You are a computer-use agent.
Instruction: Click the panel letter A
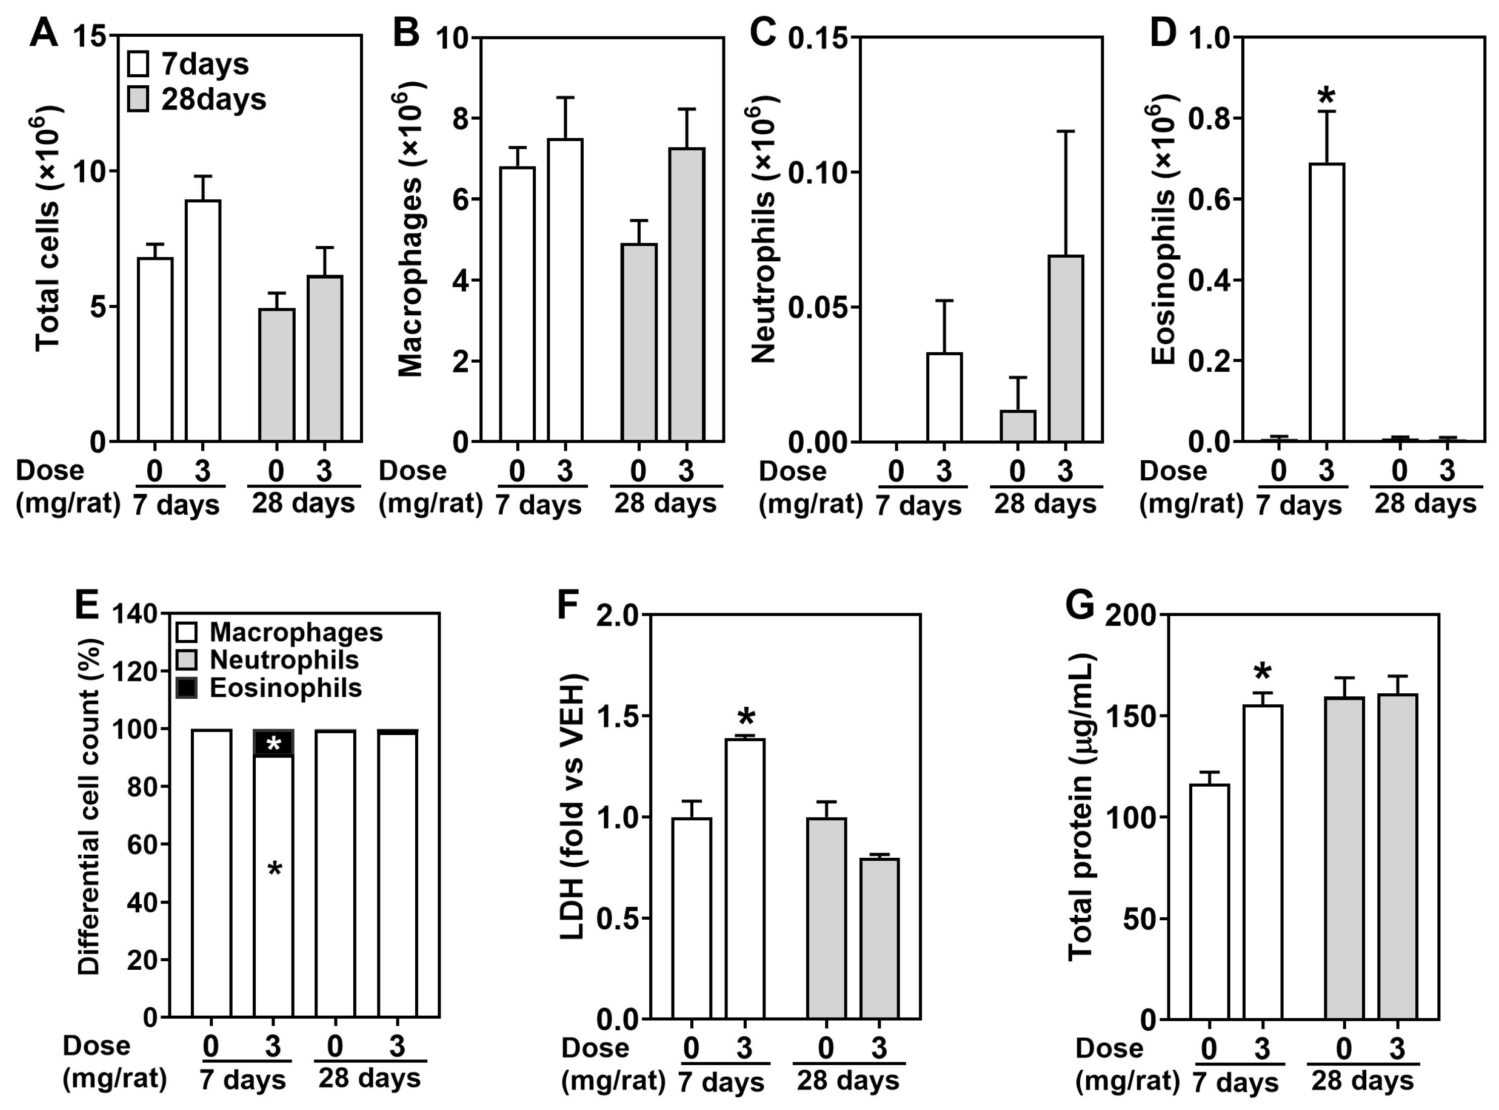(x=44, y=32)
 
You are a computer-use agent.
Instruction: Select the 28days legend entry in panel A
(x=196, y=99)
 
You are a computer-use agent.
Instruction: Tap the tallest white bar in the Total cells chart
(x=203, y=320)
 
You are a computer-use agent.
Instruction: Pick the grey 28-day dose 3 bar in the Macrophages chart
(x=686, y=295)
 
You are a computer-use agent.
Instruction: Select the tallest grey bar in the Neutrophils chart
(x=1066, y=349)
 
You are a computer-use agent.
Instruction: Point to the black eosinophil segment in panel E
(x=273, y=743)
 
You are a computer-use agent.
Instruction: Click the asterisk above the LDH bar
(x=745, y=717)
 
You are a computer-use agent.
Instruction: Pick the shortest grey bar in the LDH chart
(x=879, y=938)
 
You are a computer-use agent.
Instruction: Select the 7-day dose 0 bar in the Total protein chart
(x=1209, y=902)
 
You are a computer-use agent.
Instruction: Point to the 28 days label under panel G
(x=1363, y=1082)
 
